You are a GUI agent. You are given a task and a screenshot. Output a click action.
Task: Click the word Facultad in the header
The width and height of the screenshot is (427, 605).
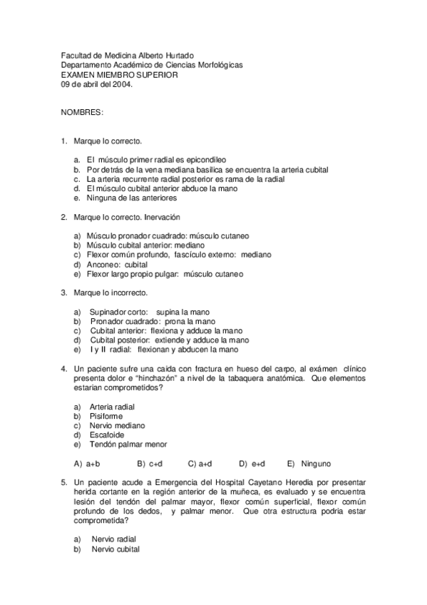tap(76, 56)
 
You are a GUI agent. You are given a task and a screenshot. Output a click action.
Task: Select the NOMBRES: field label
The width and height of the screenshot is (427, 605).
tap(82, 113)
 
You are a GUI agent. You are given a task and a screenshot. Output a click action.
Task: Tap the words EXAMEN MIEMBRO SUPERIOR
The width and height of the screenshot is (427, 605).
tap(119, 74)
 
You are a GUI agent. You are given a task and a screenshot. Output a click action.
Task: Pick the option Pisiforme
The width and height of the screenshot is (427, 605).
tap(106, 416)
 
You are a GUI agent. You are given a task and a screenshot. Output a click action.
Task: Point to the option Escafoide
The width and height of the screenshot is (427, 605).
tap(106, 434)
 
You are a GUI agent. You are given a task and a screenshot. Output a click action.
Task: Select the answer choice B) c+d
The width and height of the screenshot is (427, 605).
tap(151, 463)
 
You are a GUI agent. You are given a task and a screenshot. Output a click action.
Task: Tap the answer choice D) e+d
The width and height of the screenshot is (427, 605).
tap(252, 463)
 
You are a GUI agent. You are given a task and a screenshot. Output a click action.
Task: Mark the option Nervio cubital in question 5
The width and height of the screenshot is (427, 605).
tap(115, 549)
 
